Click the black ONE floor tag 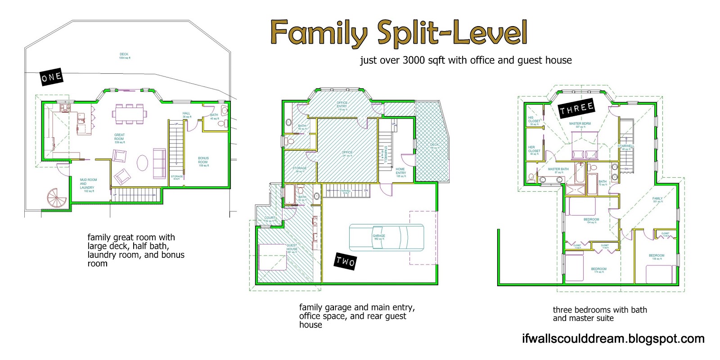(51, 77)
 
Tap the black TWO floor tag (346, 261)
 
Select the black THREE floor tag (576, 108)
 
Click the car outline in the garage (386, 237)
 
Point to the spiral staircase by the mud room (57, 198)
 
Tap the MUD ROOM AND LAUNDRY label (88, 184)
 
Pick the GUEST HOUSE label (292, 248)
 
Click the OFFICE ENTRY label (342, 105)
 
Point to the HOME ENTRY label (400, 172)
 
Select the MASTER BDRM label (580, 124)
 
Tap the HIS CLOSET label (534, 120)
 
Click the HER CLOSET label (534, 150)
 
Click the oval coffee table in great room (142, 162)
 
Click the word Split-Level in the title (452, 32)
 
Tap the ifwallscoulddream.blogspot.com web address (613, 339)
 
